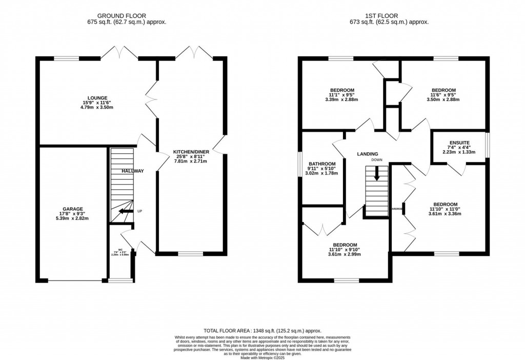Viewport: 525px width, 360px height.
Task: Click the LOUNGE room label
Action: click(97, 97)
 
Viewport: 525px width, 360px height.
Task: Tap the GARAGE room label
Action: click(73, 209)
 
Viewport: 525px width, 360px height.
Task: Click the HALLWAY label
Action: click(133, 171)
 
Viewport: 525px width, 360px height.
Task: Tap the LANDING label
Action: click(368, 154)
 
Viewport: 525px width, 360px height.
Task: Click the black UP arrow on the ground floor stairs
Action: click(124, 211)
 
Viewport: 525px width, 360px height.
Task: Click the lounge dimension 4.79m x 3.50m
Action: click(97, 108)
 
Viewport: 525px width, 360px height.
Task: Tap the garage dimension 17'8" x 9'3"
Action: click(73, 214)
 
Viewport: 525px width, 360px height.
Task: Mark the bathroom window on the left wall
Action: click(300, 165)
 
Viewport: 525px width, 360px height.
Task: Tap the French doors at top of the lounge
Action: click(119, 53)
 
